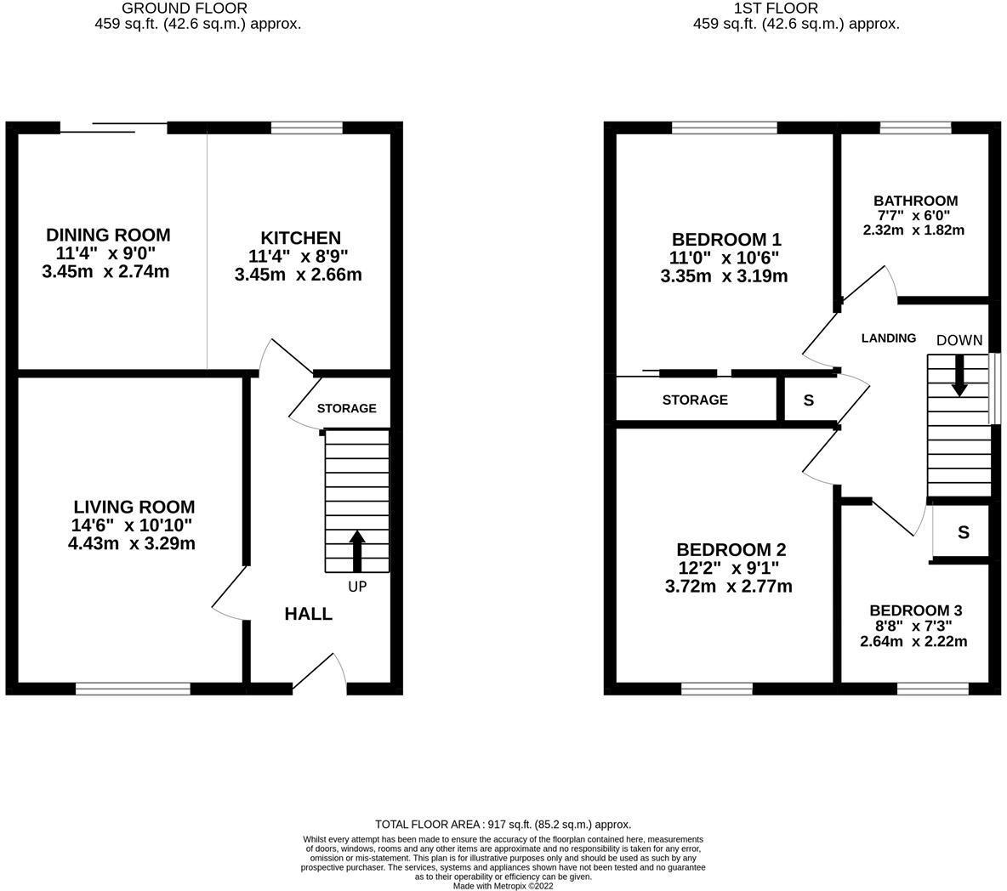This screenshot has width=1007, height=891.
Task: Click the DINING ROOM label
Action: (108, 235)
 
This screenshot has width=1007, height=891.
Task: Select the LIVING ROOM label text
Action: (134, 507)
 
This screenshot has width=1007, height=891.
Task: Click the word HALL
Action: (308, 614)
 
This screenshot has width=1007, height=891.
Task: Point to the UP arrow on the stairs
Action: (357, 550)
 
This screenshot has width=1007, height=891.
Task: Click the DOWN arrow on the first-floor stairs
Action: (959, 375)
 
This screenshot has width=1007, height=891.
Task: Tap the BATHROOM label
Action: (915, 201)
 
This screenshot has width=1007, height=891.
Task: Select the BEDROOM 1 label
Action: (726, 239)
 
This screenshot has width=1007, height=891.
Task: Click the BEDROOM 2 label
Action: (731, 549)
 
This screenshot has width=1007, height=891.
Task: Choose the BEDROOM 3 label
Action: (915, 610)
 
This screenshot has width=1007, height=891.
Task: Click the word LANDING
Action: (889, 338)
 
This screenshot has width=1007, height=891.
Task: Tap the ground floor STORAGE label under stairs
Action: (346, 408)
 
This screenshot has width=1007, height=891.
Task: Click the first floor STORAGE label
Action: (695, 400)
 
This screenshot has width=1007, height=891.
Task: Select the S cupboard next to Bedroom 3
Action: (963, 533)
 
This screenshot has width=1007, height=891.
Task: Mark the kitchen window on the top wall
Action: (306, 128)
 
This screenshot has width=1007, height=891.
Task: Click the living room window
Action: (133, 689)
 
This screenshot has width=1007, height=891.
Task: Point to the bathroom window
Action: (915, 128)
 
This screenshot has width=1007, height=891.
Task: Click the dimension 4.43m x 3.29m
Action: (132, 543)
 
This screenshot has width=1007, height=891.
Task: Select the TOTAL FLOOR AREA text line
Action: (503, 825)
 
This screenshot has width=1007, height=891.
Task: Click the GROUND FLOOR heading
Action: (185, 9)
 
